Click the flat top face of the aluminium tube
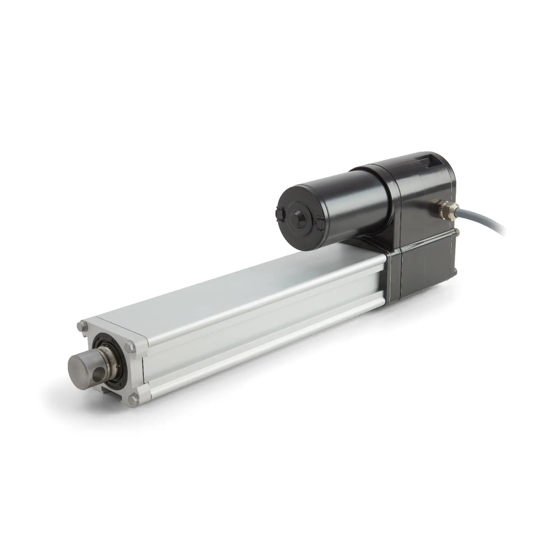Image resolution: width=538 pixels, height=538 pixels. coord(252,283)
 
